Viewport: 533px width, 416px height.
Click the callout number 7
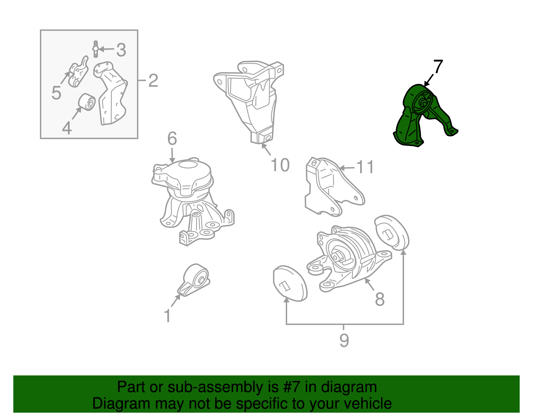tap(438, 66)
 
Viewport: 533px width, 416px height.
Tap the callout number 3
tap(121, 50)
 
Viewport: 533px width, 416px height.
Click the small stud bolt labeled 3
tap(96, 49)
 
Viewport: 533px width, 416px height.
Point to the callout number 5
tap(56, 93)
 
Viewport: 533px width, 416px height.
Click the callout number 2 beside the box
tap(153, 80)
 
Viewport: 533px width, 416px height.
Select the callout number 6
tap(172, 138)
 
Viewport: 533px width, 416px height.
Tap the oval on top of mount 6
tap(188, 164)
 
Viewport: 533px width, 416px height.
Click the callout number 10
tap(280, 165)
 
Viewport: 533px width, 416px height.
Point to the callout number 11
tap(365, 167)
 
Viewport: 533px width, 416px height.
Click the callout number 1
tap(167, 316)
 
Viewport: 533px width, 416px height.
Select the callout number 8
tap(380, 299)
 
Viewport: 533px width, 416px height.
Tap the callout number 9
tap(344, 340)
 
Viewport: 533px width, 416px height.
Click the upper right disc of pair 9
tap(392, 232)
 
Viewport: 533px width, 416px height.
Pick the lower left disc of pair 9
tap(290, 283)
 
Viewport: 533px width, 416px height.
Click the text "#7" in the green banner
tap(291, 387)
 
